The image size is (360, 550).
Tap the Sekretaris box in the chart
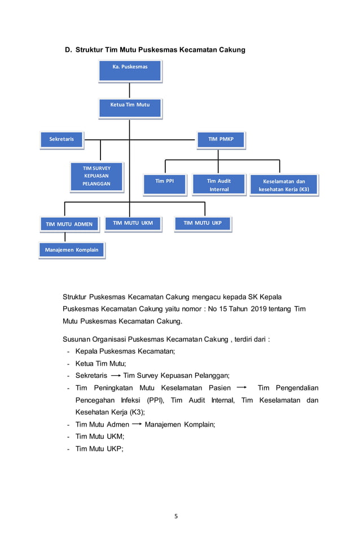point(62,139)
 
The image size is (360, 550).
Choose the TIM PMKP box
point(221,139)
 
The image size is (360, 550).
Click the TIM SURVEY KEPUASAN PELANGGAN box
point(96,176)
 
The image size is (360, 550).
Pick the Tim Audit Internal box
point(219,184)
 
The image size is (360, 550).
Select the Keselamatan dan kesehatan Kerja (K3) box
point(284,185)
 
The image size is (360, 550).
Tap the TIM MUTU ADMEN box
point(69,224)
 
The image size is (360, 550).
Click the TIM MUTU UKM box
point(133,223)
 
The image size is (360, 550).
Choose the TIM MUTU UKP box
point(203,223)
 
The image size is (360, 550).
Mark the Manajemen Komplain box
point(72,249)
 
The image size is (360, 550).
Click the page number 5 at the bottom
point(176,516)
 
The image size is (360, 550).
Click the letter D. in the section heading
point(68,50)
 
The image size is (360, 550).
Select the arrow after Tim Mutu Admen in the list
point(137,425)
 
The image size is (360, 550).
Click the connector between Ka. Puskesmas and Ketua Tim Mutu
point(130,90)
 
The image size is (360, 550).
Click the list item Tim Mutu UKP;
point(99,449)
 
